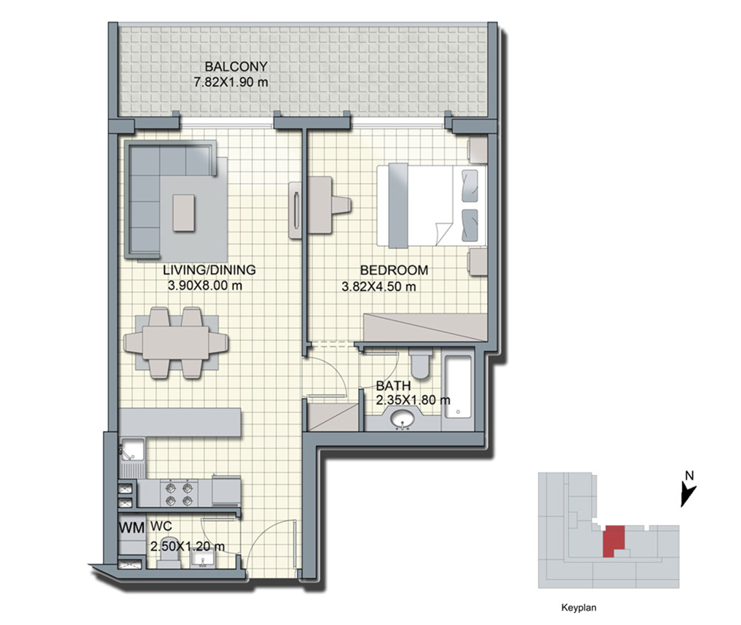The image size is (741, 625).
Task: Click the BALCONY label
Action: tap(236, 67)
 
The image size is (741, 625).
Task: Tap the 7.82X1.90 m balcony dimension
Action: tap(231, 82)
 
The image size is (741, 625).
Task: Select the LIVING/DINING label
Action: tap(209, 270)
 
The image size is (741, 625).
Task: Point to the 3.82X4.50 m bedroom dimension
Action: tap(378, 286)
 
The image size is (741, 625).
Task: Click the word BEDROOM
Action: tap(394, 270)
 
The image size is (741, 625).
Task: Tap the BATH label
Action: tap(393, 385)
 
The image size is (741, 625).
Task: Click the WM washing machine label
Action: tap(131, 528)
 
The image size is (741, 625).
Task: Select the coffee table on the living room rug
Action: tap(183, 213)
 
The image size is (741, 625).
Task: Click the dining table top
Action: tap(176, 342)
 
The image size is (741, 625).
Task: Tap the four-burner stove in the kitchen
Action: tap(179, 494)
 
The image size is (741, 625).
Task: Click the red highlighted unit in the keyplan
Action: tap(614, 541)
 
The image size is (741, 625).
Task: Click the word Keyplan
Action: tap(579, 607)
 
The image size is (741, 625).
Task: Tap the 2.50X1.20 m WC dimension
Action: tap(187, 546)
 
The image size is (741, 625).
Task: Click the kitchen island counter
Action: tap(180, 422)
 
